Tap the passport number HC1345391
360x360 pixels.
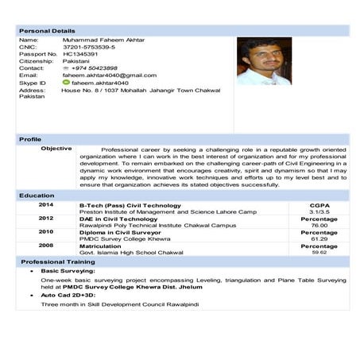[x=80, y=54]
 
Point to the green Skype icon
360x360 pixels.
[x=66, y=82]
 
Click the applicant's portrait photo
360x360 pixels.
[x=264, y=60]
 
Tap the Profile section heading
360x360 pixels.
[x=31, y=140]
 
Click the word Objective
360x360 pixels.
[x=56, y=149]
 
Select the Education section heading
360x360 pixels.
[x=37, y=195]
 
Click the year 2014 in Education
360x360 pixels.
[x=46, y=205]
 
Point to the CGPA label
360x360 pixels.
[x=319, y=205]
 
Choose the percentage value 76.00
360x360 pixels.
[x=319, y=226]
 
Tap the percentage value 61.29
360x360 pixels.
[x=319, y=238]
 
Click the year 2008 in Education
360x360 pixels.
[x=46, y=246]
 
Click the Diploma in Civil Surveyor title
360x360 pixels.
[x=119, y=233]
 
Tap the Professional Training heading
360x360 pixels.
[x=58, y=261]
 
